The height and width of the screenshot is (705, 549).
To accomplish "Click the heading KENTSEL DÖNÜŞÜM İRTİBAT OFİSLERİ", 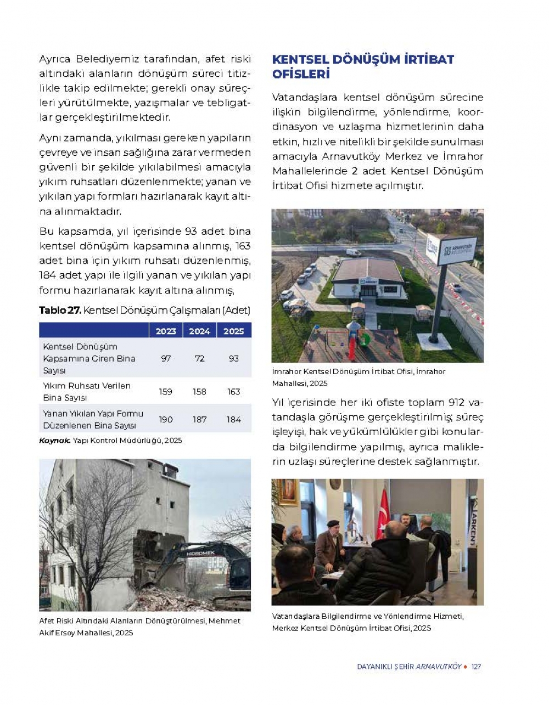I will coord(363,66).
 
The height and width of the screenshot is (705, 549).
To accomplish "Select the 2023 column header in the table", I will coord(166,331).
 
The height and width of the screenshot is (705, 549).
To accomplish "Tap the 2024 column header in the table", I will coord(199,331).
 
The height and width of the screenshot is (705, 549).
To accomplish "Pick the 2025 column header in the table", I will coord(233,331).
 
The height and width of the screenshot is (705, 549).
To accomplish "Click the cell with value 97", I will coord(166,358).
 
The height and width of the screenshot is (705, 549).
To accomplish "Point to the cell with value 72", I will coord(199,358).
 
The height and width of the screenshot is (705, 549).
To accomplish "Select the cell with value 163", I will coord(233,392).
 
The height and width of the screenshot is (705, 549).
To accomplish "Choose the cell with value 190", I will coord(166,419).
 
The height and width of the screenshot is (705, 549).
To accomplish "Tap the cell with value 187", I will coord(199,419).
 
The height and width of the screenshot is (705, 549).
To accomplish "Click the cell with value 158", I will coord(199,392).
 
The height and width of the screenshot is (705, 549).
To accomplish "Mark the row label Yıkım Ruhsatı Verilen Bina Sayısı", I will coord(87,392).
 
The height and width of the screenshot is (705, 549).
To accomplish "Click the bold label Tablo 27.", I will coord(60,311).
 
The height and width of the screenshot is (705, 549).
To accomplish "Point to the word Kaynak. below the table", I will coord(54,441).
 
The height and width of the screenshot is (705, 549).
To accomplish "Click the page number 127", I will coord(476,667).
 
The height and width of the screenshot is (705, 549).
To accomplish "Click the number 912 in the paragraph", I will coord(456,402).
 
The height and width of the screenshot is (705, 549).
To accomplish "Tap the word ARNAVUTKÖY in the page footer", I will coord(439,667).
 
